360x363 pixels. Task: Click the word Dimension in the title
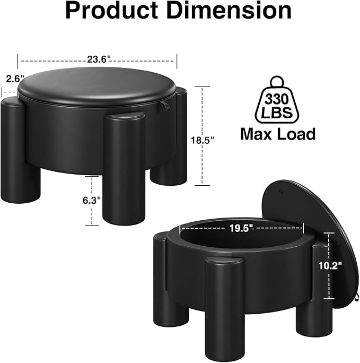(x=229, y=10)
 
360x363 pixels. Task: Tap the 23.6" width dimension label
(x=98, y=60)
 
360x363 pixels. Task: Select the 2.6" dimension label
(x=15, y=79)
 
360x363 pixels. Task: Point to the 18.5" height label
(x=203, y=140)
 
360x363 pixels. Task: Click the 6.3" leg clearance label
(x=92, y=201)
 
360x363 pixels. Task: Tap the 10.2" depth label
(x=330, y=265)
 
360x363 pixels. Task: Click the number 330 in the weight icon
(x=277, y=99)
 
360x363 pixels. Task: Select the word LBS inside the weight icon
(x=277, y=113)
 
